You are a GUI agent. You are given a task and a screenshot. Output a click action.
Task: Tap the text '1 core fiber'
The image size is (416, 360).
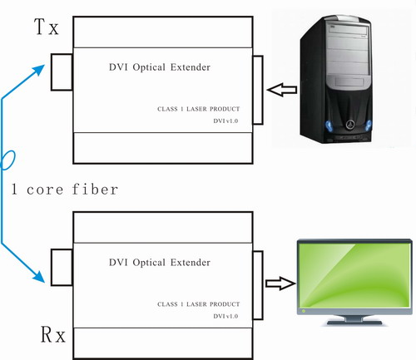[x=65, y=190]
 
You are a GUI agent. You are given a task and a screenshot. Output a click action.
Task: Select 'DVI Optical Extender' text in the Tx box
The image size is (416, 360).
[x=158, y=67]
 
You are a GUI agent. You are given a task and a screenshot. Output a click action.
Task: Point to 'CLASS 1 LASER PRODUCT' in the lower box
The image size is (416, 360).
[x=199, y=304]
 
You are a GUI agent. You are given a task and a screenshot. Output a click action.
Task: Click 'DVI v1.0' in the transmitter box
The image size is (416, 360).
[x=225, y=122]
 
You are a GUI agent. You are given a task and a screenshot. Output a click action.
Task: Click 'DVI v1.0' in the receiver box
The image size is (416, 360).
[x=225, y=318]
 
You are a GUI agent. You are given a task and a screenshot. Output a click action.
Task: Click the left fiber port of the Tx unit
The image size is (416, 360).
[x=62, y=72]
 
